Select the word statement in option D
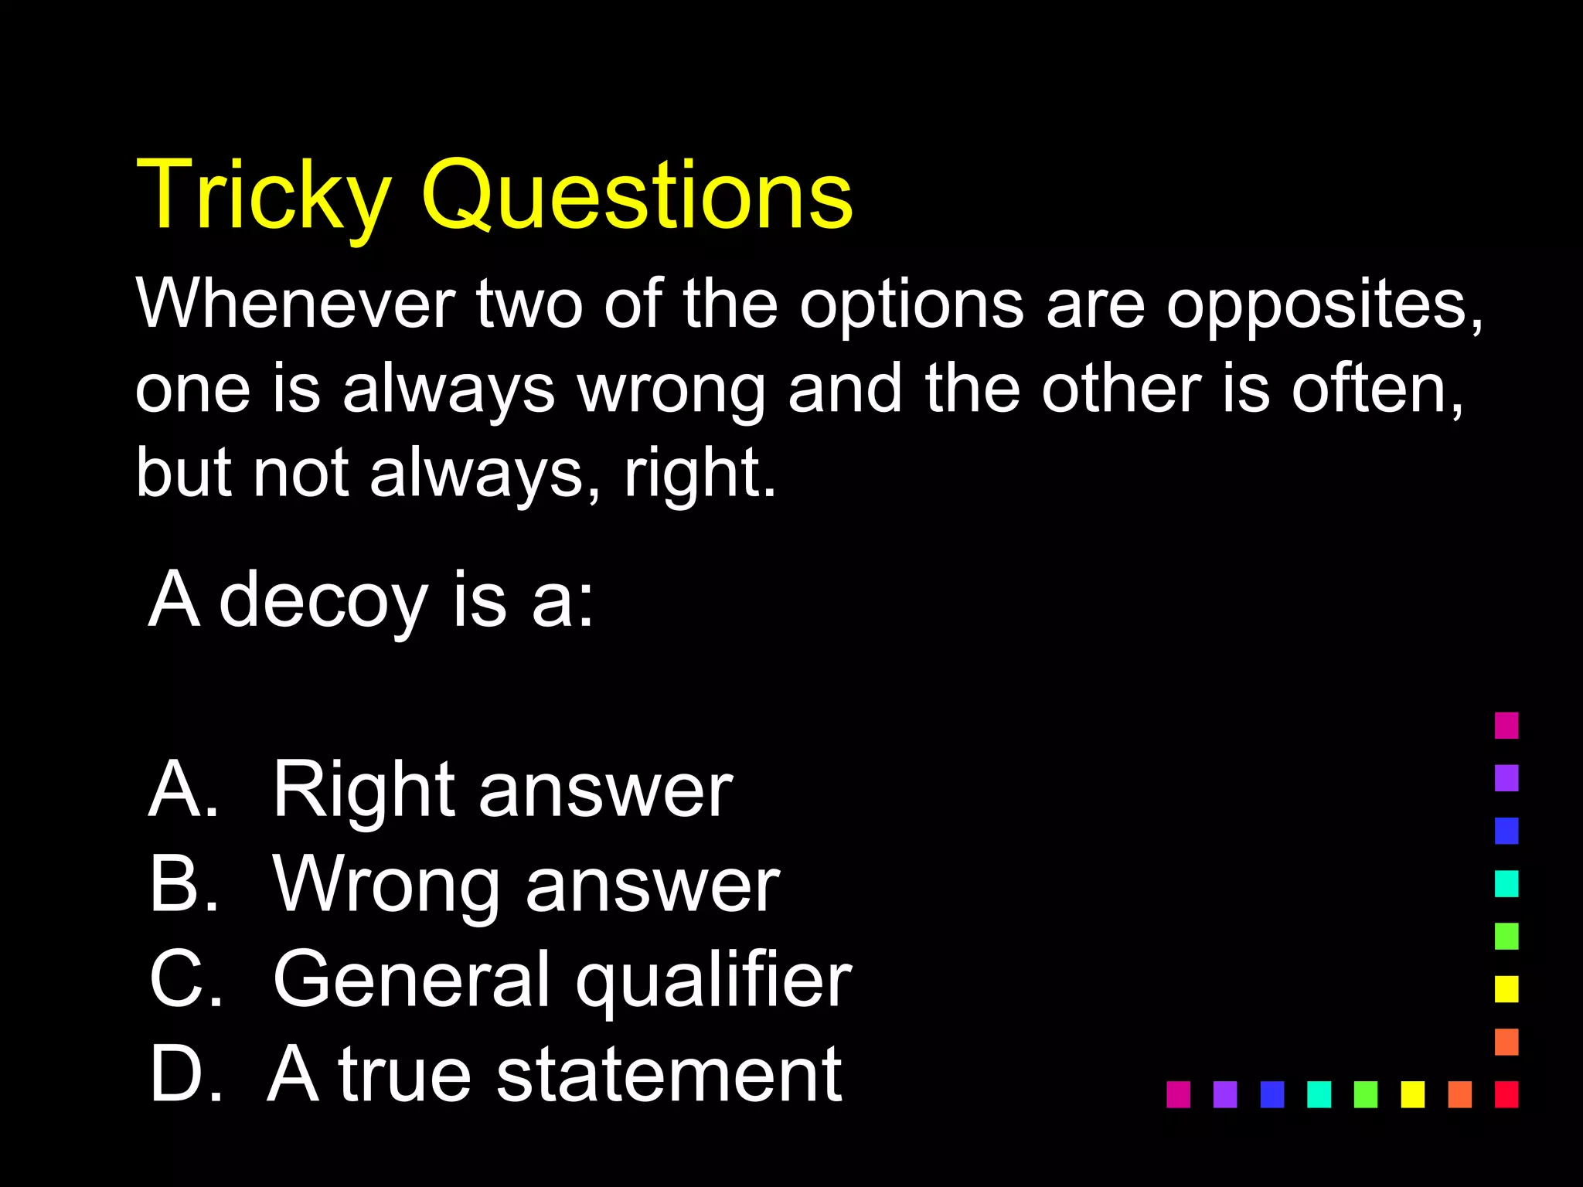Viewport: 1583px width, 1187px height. pyautogui.click(x=668, y=1074)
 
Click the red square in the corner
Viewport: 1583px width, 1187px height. pyautogui.click(x=1506, y=1094)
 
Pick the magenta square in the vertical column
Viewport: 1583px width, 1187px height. pyautogui.click(x=1506, y=726)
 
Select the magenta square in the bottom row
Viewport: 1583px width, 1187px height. pyautogui.click(x=1178, y=1094)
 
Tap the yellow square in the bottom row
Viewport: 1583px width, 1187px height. pyautogui.click(x=1413, y=1094)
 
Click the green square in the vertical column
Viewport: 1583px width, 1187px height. pyautogui.click(x=1506, y=936)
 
